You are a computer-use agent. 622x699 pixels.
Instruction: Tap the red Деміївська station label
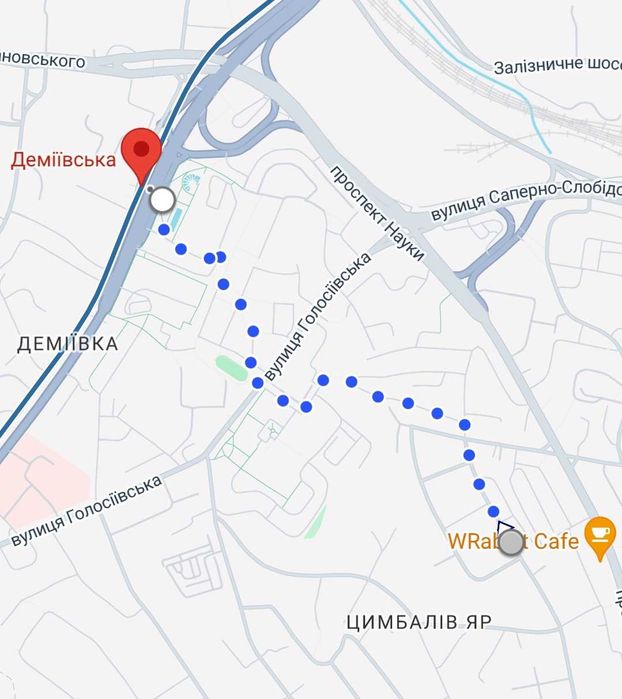point(64,159)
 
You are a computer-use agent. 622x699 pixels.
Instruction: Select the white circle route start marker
point(162,200)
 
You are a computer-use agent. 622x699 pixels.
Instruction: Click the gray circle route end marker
point(511,543)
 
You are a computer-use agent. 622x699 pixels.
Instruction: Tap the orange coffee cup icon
point(600,537)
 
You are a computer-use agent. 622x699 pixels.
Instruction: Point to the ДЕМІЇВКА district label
point(68,344)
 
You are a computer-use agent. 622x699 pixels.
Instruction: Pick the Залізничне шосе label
point(557,66)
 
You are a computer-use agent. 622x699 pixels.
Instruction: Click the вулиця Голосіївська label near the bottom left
point(87,510)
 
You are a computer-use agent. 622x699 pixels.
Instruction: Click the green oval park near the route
point(231,367)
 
